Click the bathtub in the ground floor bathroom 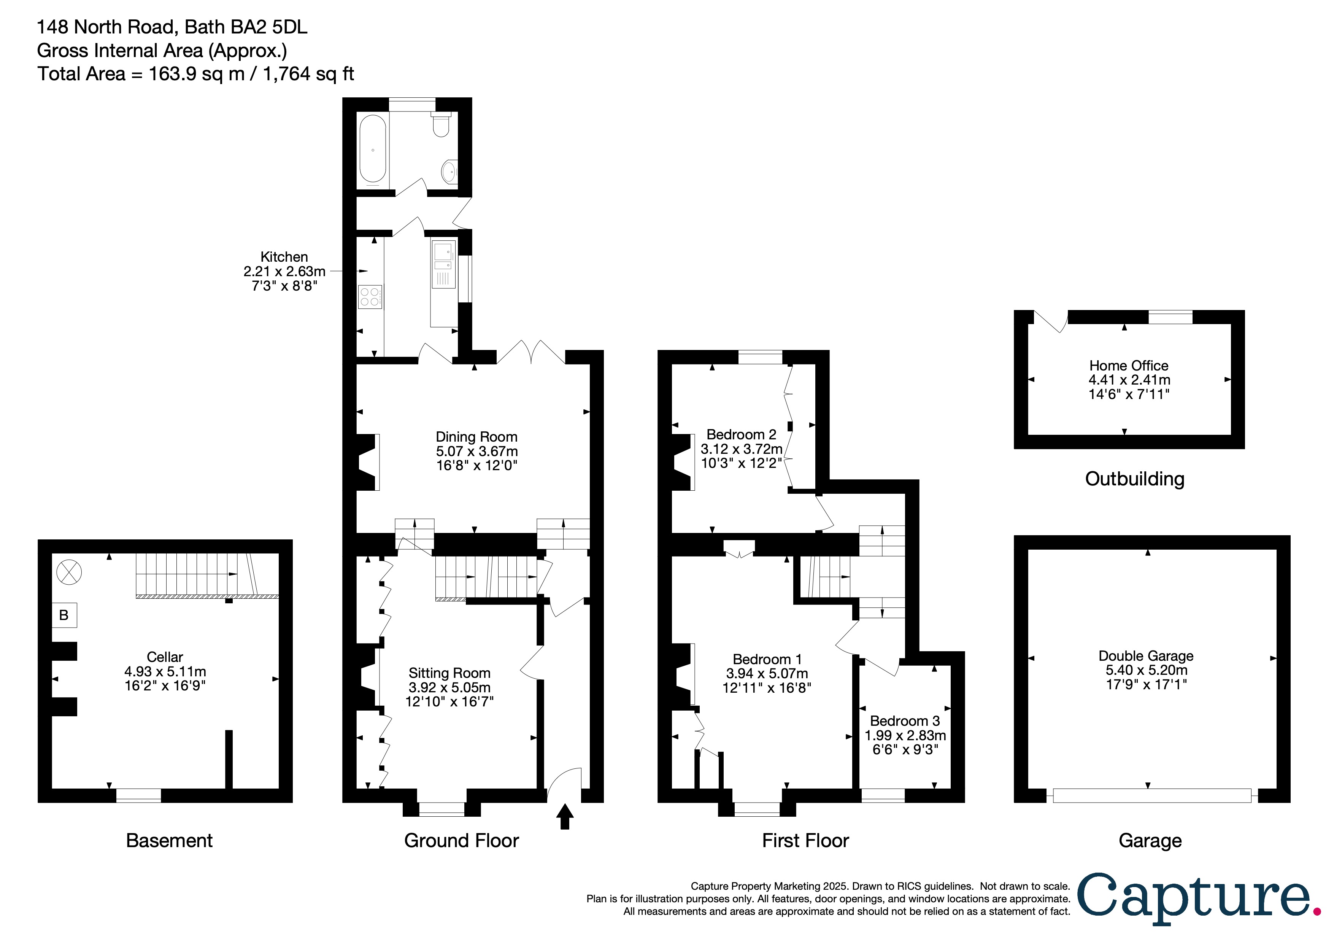coord(372,149)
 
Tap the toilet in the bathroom coord(441,125)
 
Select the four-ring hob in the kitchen coord(370,296)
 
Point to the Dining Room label coord(476,437)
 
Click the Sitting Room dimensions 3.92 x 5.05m coord(449,687)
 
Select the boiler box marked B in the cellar coord(64,615)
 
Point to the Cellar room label coord(165,657)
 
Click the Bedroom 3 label coord(905,721)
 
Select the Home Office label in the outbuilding coord(1128,366)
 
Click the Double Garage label coord(1146,656)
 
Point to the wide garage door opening coord(1151,795)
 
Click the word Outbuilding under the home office coord(1134,479)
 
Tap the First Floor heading coord(805,841)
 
